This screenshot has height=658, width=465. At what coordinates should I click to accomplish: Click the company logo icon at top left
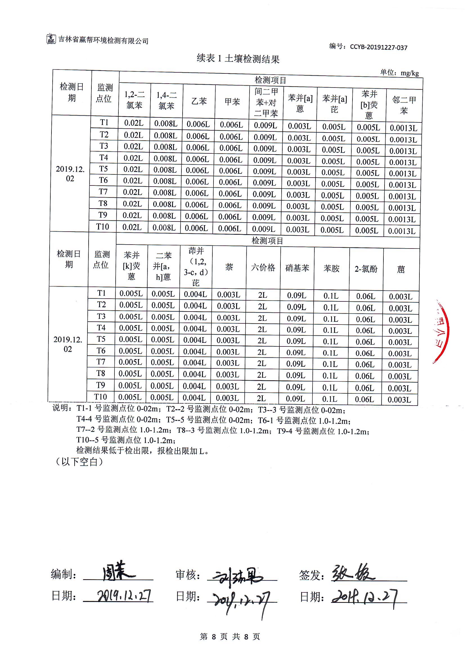pyautogui.click(x=51, y=39)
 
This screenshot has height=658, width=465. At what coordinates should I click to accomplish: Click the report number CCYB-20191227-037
pyautogui.click(x=378, y=47)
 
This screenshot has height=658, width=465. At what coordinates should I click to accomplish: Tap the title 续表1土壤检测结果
pyautogui.click(x=238, y=59)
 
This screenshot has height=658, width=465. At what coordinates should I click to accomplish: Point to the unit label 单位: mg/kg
pyautogui.click(x=399, y=73)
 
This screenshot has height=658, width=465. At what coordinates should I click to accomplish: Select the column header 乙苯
pyautogui.click(x=199, y=101)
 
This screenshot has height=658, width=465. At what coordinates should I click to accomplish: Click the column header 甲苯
pyautogui.click(x=232, y=102)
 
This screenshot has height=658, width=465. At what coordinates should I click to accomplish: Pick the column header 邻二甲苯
pyautogui.click(x=404, y=105)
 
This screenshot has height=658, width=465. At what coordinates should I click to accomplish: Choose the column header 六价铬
pyautogui.click(x=263, y=267)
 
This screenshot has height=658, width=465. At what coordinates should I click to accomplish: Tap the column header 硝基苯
pyautogui.click(x=297, y=268)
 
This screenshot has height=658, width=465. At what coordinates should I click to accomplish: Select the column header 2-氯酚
pyautogui.click(x=366, y=269)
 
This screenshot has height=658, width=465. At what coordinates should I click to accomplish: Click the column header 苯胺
pyautogui.click(x=331, y=268)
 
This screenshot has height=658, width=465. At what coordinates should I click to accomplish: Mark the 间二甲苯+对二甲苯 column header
pyautogui.click(x=266, y=103)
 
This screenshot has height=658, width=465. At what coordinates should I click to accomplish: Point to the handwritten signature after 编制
pyautogui.click(x=118, y=571)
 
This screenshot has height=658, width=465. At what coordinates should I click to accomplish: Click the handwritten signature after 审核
pyautogui.click(x=238, y=576)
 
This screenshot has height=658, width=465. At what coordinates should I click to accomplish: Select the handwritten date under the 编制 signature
pyautogui.click(x=124, y=596)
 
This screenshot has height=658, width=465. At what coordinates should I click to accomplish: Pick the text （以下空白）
pyautogui.click(x=79, y=462)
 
